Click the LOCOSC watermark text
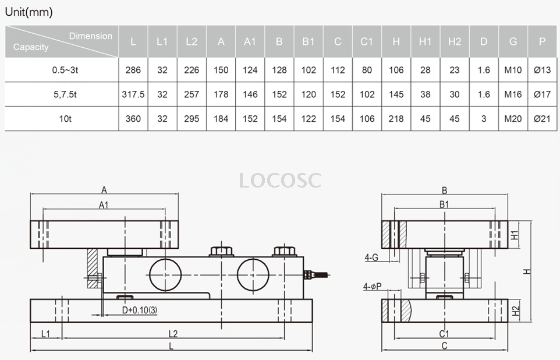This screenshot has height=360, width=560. coord(280,180)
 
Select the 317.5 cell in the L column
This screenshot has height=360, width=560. coord(133,94)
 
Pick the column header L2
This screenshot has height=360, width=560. coord(192,41)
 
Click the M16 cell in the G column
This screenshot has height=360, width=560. coord(513,94)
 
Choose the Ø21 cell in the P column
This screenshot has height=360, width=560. coord(542,119)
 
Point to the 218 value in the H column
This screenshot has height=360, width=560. coord(396,119)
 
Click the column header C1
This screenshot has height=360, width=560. coord(367,41)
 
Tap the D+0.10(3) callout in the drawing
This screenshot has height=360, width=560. coord(140,310)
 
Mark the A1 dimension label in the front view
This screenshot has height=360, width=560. coord(104,204)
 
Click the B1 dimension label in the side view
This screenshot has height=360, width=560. coord(444,204)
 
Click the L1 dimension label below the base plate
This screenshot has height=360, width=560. coord(47,334)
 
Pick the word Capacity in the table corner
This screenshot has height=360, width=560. coord(31,47)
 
